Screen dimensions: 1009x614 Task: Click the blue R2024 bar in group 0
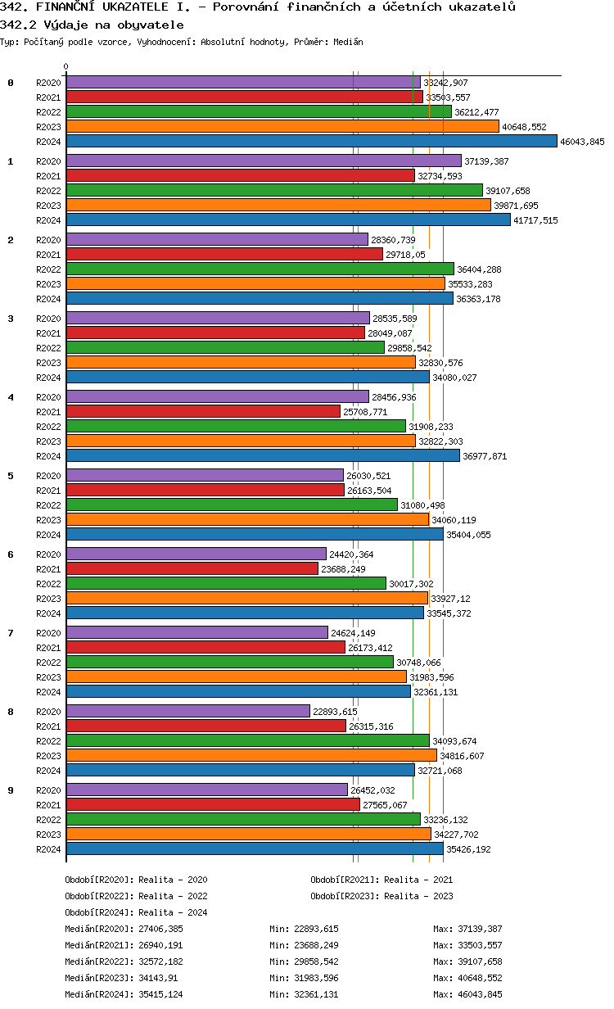coord(311,141)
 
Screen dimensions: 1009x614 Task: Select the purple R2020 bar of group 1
coord(264,161)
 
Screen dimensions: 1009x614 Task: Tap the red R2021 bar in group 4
coord(203,411)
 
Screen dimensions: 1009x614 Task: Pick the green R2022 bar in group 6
coord(226,583)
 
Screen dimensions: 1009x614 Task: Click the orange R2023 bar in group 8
coord(251,755)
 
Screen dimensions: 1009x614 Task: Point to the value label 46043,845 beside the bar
coord(582,142)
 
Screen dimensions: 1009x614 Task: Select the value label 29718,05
coord(405,255)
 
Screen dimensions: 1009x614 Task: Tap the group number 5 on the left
coord(11,475)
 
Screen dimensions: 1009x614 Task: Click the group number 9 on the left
coord(11,790)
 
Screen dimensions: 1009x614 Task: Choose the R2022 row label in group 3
coord(48,348)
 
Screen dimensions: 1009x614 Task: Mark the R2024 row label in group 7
coord(48,692)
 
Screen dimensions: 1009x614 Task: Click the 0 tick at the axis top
coord(66,67)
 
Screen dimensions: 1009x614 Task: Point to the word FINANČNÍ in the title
coord(65,7)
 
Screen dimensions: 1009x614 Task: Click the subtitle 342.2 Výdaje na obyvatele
coord(92,25)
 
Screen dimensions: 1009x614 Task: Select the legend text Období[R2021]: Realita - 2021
coord(381,879)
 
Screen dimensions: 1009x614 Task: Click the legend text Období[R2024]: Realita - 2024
coord(136,912)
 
